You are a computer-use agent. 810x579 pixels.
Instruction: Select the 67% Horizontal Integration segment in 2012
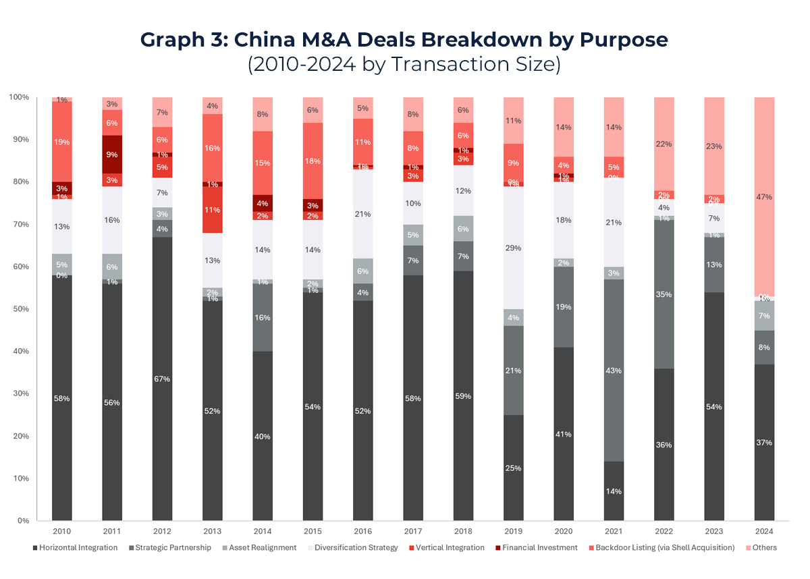162,379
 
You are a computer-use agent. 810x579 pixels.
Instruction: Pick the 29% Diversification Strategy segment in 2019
513,248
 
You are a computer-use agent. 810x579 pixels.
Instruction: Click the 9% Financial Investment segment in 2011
112,154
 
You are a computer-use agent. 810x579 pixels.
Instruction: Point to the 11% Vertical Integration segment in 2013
213,210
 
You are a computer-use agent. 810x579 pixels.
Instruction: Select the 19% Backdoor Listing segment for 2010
61,142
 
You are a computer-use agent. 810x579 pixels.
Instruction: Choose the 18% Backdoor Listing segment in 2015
313,161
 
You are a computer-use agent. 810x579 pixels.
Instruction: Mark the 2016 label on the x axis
362,531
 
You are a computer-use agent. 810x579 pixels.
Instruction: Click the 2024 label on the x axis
763,531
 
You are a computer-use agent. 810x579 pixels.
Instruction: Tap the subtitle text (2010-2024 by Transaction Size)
404,65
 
